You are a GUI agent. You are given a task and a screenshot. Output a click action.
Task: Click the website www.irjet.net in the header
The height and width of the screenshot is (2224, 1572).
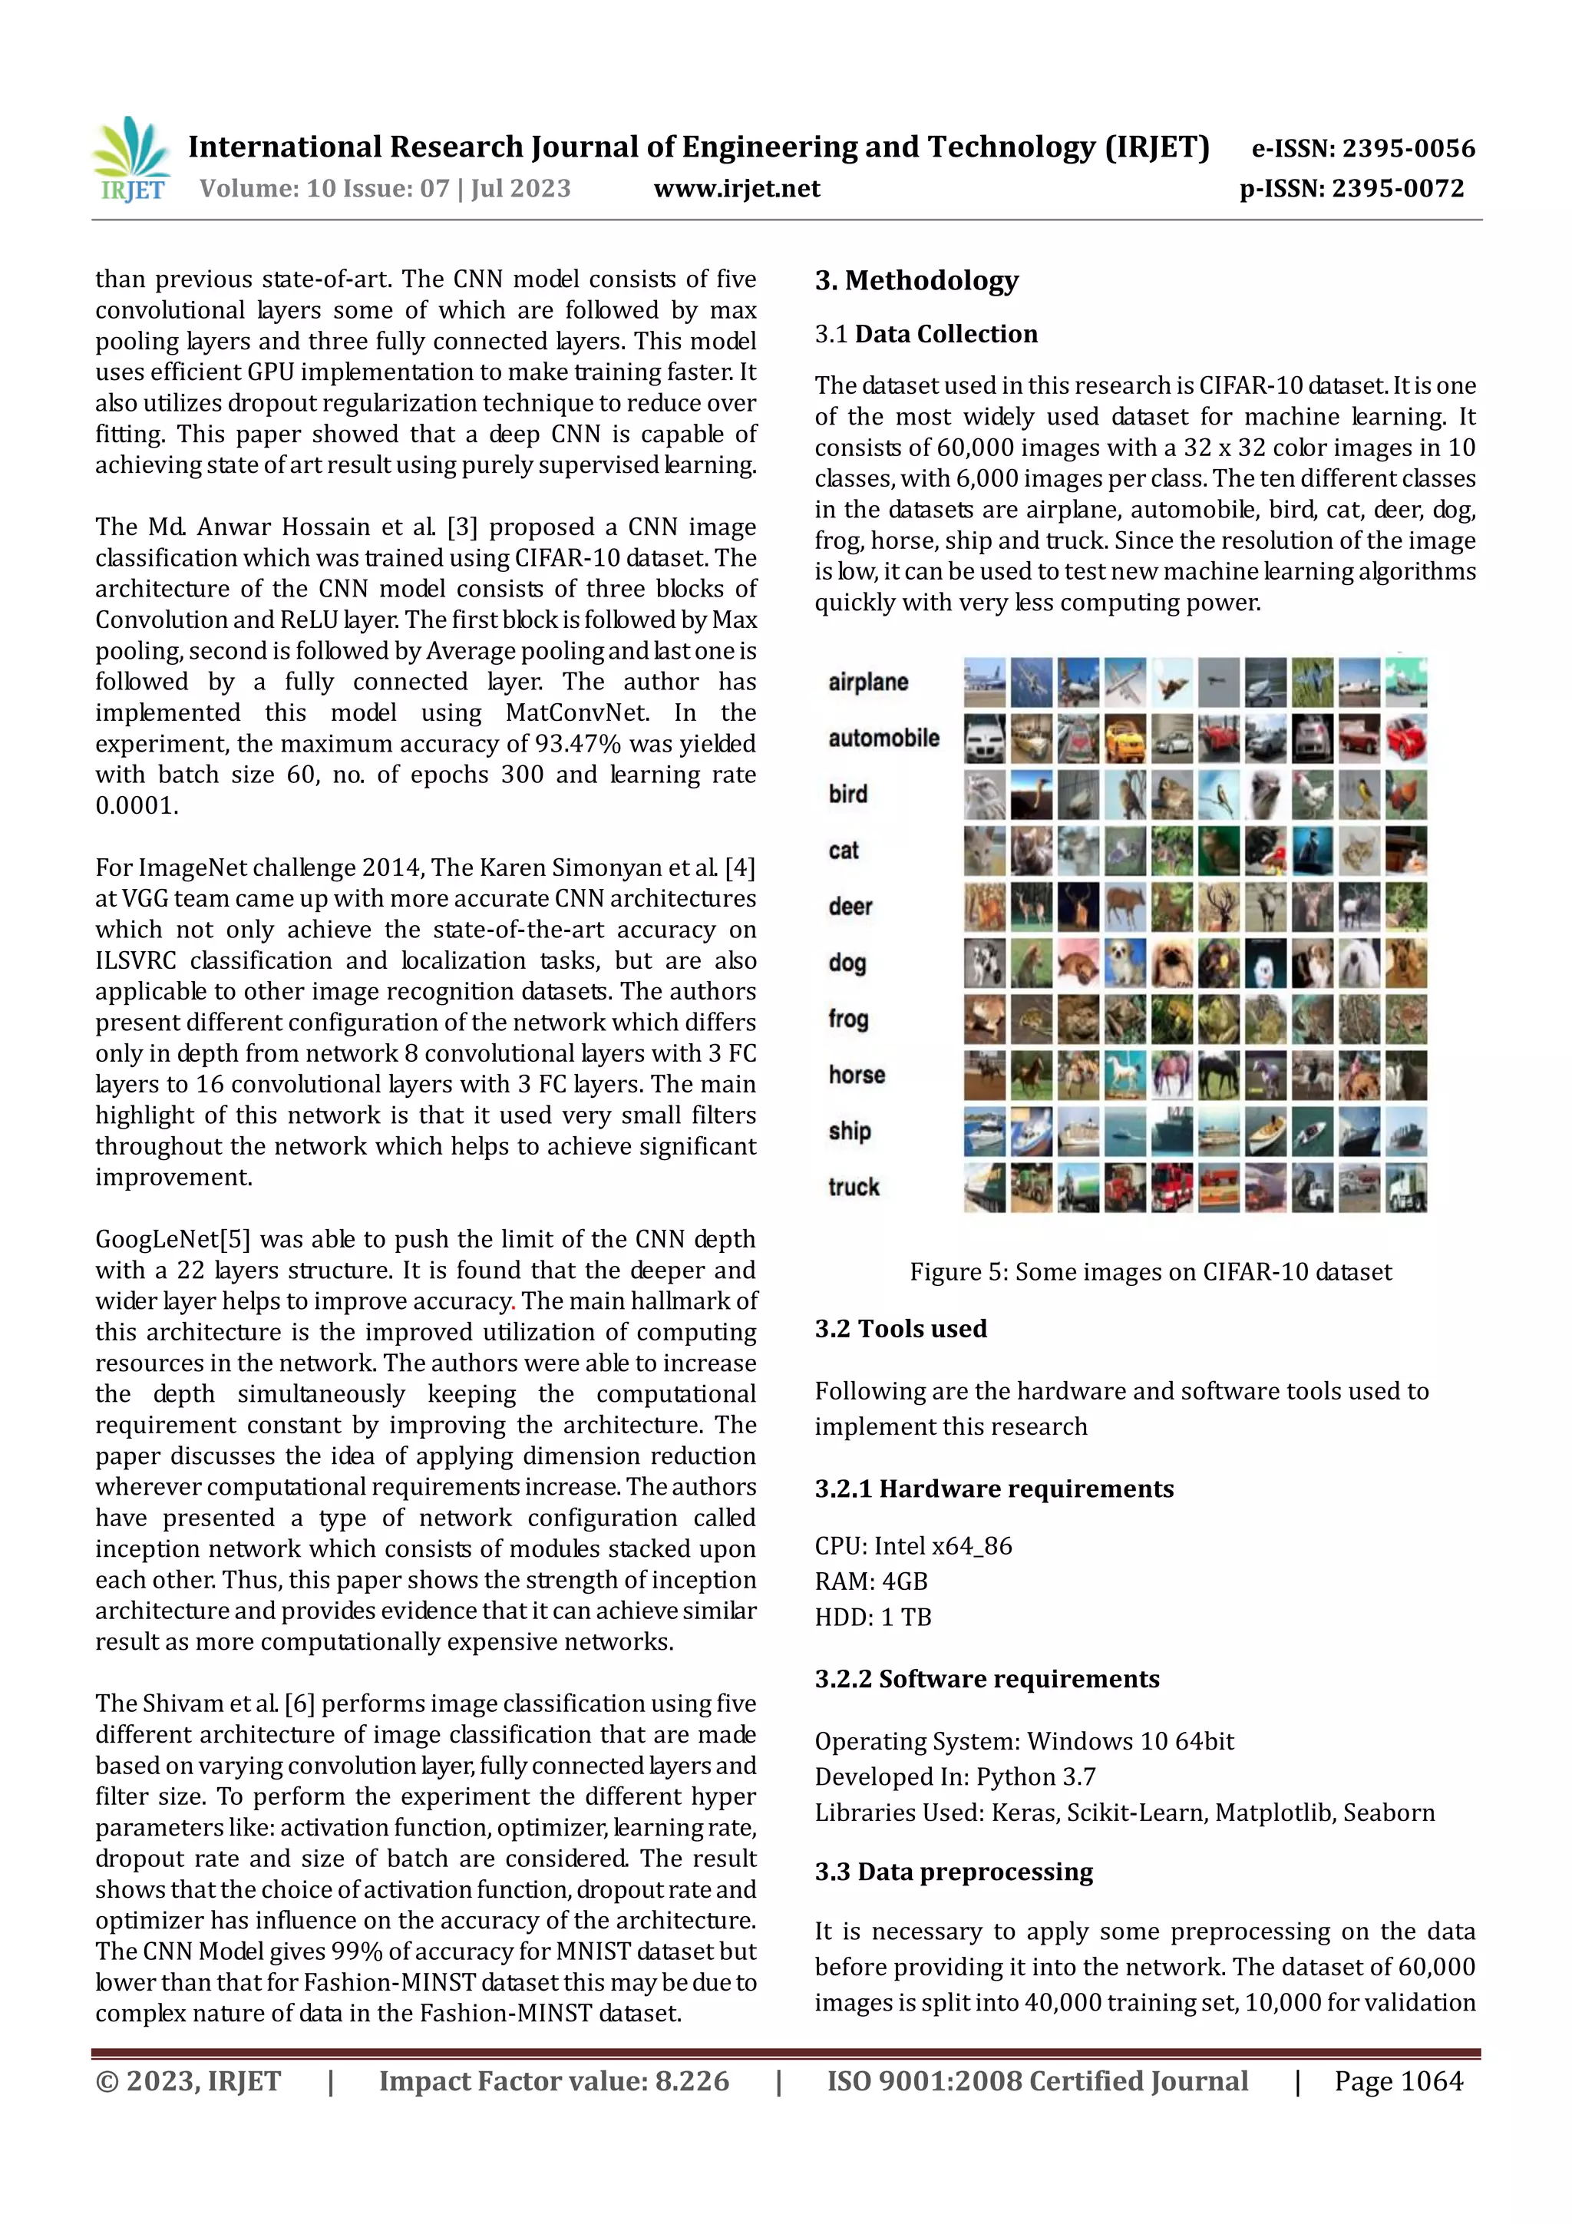coord(736,189)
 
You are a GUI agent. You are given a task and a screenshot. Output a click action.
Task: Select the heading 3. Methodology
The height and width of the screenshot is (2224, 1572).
coord(916,281)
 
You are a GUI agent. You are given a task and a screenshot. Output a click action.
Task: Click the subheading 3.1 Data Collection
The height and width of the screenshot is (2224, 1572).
coord(926,334)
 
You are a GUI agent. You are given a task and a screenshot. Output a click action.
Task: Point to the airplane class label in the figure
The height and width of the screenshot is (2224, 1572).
coord(868,682)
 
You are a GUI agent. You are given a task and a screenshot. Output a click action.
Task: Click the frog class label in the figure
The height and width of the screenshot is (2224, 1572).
coord(848,1019)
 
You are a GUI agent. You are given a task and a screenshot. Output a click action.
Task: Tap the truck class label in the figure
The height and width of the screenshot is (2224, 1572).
coord(854,1188)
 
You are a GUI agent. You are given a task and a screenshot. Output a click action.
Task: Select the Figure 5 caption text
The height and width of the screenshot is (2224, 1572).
coord(1150,1272)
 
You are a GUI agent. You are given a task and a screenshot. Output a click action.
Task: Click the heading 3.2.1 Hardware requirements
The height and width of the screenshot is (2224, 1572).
coord(994,1489)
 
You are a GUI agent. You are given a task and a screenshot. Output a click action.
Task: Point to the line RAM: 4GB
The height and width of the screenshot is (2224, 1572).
coord(870,1581)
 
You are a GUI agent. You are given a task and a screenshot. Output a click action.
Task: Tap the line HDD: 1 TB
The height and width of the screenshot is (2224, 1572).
coord(873,1617)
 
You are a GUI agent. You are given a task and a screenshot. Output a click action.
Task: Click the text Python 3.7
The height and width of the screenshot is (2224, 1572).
coord(1035,1776)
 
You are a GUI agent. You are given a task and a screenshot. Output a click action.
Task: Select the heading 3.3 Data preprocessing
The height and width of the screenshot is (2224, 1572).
coord(953,1872)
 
